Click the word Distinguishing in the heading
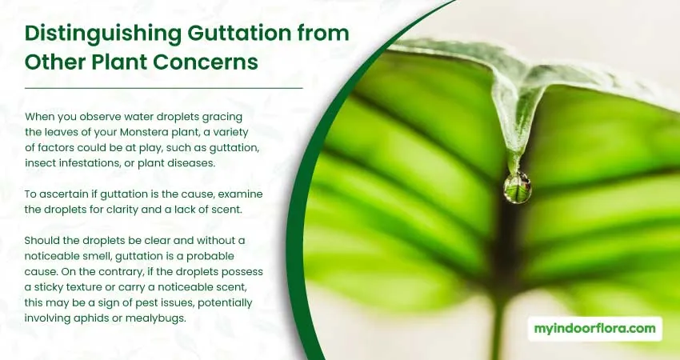pos(102,34)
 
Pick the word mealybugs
pos(155,318)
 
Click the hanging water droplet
pos(518,187)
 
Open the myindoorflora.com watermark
pos(594,329)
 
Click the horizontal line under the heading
pos(164,88)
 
